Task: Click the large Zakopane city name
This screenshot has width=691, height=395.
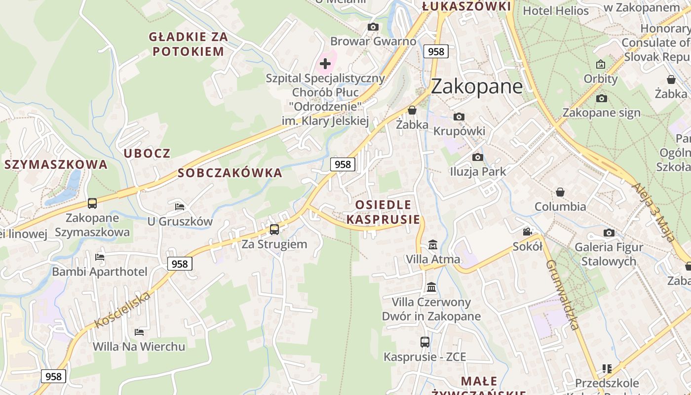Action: [476, 86]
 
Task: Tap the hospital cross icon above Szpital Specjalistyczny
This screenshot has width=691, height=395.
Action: [325, 63]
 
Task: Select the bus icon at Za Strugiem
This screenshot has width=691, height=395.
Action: [274, 229]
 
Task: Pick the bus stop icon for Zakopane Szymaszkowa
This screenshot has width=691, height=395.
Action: [92, 203]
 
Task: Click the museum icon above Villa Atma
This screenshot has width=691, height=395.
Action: [433, 244]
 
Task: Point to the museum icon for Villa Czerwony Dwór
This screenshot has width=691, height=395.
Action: [431, 287]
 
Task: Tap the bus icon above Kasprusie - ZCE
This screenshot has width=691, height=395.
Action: [424, 342]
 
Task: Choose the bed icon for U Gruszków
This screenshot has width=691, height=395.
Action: [180, 206]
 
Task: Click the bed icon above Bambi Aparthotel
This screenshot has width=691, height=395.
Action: [100, 257]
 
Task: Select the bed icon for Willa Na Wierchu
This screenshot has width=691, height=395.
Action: [139, 332]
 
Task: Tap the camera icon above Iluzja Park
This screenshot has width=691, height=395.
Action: [478, 157]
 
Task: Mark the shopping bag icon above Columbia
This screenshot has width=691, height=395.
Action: [560, 192]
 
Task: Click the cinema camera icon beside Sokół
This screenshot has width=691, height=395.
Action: [527, 232]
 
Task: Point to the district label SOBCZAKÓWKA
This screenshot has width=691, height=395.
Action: [230, 173]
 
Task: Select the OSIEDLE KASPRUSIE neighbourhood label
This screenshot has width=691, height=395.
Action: [383, 212]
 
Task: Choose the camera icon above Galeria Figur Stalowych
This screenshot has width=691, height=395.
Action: [609, 233]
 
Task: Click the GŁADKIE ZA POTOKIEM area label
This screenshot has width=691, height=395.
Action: [188, 44]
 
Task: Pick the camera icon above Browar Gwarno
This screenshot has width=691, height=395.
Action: [373, 27]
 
